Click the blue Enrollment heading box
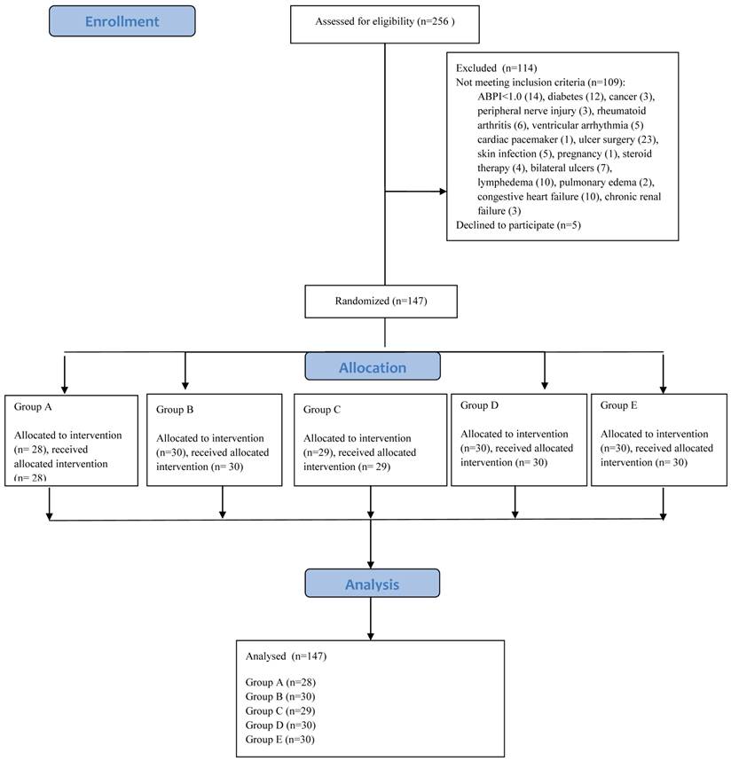(x=122, y=21)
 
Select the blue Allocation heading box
(x=373, y=366)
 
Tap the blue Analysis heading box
(x=372, y=584)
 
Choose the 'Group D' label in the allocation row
(x=481, y=405)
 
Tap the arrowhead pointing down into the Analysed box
(x=371, y=631)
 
